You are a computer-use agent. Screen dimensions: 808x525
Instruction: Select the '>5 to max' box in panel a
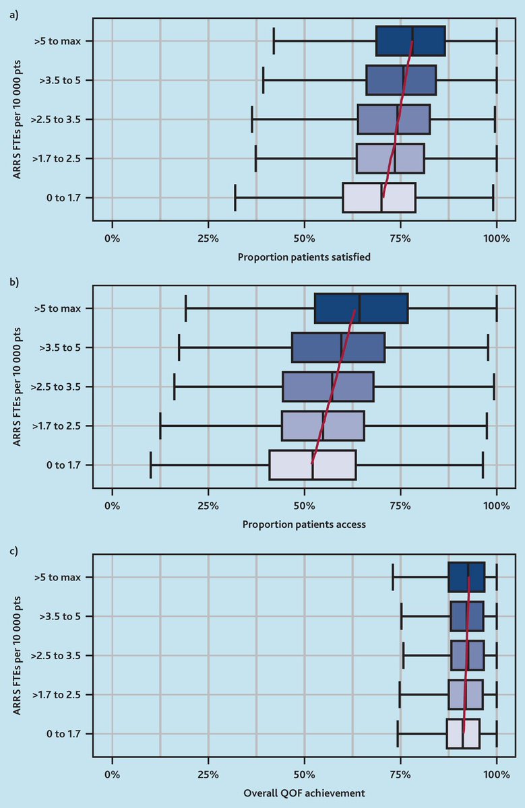410,40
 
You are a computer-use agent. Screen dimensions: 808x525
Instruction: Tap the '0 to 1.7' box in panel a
379,197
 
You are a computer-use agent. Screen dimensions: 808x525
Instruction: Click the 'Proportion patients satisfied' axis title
304,257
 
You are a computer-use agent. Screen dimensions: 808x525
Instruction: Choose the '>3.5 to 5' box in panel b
338,347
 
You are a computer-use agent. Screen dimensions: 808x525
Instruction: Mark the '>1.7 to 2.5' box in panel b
323,426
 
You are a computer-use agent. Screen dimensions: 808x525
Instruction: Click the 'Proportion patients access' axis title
304,524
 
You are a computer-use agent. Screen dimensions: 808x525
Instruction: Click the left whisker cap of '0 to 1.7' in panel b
150,465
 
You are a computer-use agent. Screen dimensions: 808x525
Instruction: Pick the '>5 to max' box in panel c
466,577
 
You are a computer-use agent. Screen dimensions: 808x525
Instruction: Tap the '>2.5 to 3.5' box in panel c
467,655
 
